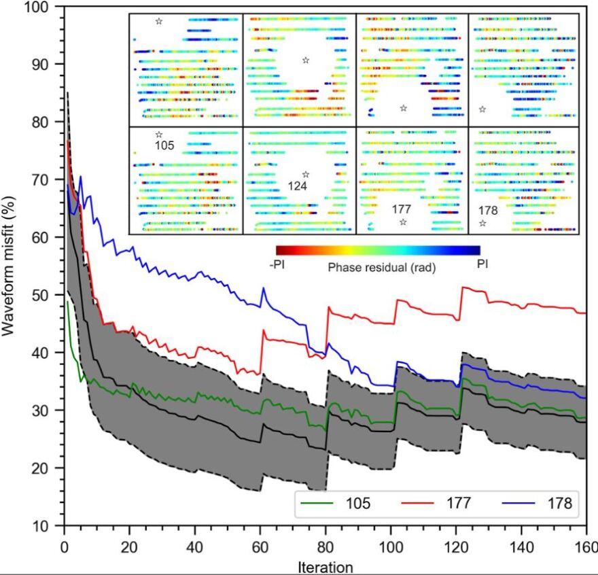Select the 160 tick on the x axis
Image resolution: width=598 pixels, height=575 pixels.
click(x=586, y=547)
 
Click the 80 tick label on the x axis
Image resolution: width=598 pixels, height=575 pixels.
click(x=325, y=547)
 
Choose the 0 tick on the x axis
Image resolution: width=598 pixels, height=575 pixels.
click(x=64, y=547)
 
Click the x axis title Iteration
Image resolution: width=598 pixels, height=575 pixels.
click(x=325, y=567)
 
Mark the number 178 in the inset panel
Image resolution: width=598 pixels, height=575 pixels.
click(x=488, y=211)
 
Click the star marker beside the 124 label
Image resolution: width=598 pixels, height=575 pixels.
click(x=305, y=175)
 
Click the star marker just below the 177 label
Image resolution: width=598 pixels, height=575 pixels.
click(x=403, y=222)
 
